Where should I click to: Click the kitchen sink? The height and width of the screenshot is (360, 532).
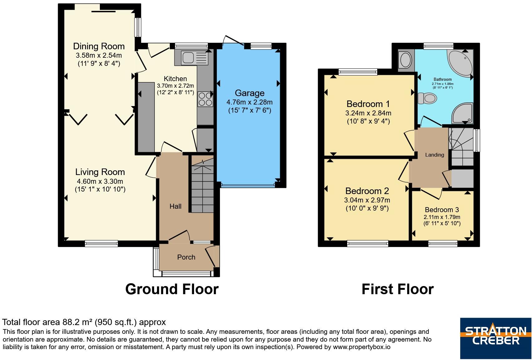click(x=195, y=58)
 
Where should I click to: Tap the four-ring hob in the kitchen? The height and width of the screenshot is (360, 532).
click(x=205, y=99)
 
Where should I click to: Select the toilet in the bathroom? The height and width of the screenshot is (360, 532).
click(x=427, y=98)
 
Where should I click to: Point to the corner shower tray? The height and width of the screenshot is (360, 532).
click(x=463, y=113)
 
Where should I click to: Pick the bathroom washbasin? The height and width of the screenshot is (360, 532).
click(x=406, y=60)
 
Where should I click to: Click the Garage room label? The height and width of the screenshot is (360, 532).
click(x=250, y=93)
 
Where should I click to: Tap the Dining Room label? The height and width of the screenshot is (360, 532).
click(x=99, y=46)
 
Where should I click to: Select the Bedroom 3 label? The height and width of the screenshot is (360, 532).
click(x=442, y=210)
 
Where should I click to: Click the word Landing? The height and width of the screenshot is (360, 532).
click(x=434, y=155)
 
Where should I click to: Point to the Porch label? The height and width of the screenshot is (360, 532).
click(x=186, y=257)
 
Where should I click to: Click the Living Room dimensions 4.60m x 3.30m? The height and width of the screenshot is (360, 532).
click(x=100, y=182)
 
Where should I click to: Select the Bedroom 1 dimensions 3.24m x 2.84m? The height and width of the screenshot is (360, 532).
click(x=368, y=113)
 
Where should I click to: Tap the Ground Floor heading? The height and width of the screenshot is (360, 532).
click(x=172, y=289)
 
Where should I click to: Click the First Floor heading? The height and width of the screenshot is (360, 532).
click(x=398, y=289)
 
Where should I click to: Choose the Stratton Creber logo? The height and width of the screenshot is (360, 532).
click(x=496, y=338)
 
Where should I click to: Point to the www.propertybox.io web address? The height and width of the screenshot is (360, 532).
click(x=361, y=347)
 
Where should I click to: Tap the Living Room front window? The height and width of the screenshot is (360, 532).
click(x=101, y=243)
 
